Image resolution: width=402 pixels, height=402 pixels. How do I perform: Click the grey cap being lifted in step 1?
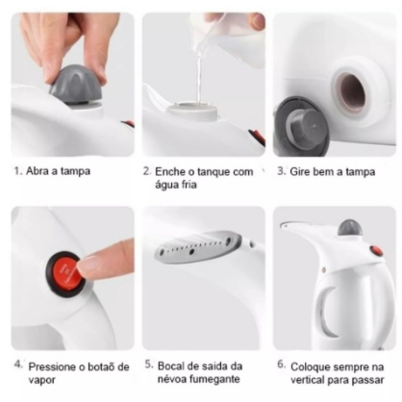(75, 86)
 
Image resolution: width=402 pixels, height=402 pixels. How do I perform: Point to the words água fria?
(175, 185)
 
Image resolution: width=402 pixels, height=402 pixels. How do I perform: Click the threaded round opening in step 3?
(351, 93)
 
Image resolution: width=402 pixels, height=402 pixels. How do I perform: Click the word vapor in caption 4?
(42, 380)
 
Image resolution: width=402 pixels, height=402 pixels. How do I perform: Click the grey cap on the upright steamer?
(350, 228)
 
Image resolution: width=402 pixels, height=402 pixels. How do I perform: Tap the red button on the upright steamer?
(376, 251)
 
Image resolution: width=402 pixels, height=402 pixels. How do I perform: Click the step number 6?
(281, 365)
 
